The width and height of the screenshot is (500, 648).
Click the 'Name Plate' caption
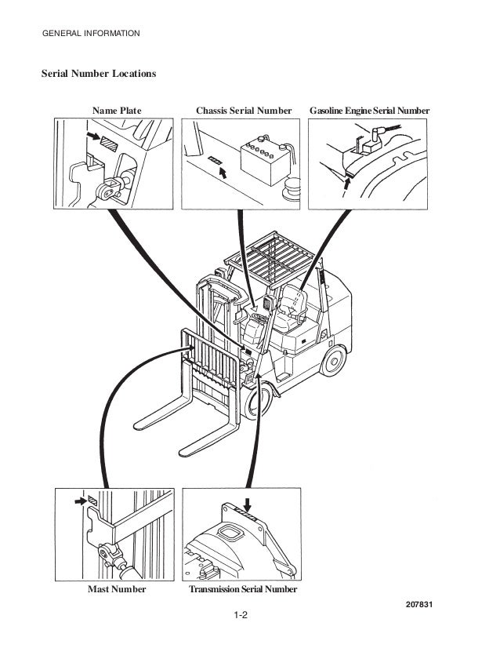[117, 111]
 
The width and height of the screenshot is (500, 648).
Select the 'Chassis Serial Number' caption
[245, 111]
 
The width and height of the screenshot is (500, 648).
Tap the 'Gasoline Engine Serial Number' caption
[370, 111]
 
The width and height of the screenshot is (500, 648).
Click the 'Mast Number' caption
[116, 589]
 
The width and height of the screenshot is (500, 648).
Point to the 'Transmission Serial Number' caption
[244, 589]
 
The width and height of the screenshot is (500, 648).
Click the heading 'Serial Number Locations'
[99, 74]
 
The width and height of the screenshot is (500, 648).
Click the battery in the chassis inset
[263, 160]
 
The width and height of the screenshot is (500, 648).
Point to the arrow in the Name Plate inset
[94, 137]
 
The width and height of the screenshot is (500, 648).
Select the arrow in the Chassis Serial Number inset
[227, 171]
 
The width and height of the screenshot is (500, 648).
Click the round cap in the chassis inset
[292, 189]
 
